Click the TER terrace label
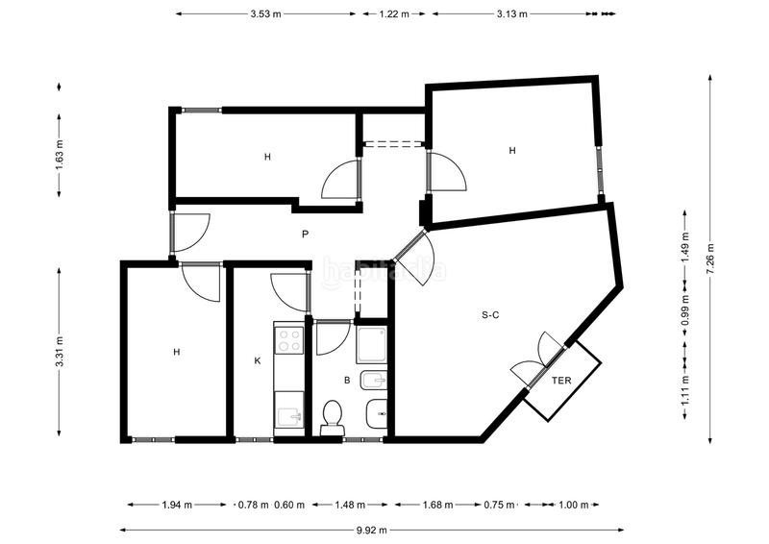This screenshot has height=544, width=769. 561,381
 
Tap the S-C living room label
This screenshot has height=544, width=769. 489,313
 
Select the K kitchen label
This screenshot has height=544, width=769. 258,361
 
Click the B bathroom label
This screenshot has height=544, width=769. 347,381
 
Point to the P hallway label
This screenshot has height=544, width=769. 304,234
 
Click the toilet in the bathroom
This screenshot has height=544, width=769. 332,417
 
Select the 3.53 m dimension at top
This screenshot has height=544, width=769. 265,14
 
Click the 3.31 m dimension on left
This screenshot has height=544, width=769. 60,351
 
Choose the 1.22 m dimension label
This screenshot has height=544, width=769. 393,14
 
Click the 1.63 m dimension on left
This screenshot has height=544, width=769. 60,155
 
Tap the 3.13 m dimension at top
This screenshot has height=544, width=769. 514,14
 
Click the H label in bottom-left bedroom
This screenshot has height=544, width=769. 177,352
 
